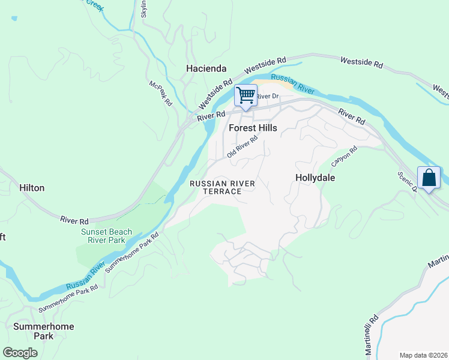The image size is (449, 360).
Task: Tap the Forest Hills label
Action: pos(253,128)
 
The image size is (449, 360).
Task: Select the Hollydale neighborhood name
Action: pos(315,178)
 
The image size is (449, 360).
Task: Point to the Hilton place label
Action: pos(32,188)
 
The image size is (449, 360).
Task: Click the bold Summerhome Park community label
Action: pos(44,331)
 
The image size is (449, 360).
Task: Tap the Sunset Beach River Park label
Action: pos(103,236)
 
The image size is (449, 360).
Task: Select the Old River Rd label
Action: pos(243,146)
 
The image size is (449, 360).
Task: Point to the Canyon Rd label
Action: pos(344,157)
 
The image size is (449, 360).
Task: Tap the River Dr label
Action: pos(268,96)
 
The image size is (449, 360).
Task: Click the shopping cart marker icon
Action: pos(245,96)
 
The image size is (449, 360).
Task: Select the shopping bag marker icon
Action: pos(429,178)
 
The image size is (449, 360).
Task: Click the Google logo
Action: pos(20,352)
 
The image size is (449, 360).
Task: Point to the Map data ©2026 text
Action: pos(423,355)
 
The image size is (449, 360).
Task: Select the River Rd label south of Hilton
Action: pos(74,220)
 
